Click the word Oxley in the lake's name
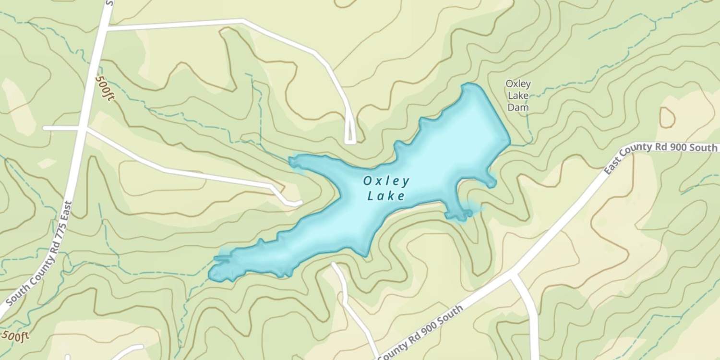386,181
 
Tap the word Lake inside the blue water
386,196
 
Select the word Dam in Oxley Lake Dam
518,108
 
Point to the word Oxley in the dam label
518,84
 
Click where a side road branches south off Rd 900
514,276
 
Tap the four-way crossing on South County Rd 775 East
83,129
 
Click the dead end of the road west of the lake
299,204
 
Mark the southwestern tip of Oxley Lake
212,276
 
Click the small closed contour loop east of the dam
667,117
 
